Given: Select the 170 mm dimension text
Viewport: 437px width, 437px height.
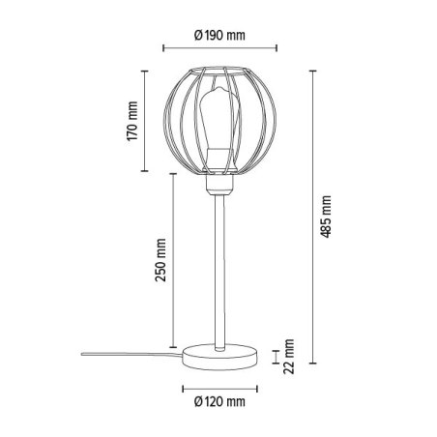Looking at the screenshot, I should coord(134,122).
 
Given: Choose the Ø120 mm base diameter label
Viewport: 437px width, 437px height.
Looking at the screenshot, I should coord(219,400).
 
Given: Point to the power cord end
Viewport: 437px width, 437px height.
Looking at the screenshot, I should coord(82,355).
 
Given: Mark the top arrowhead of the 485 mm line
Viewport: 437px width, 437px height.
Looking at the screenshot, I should coord(312,71).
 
